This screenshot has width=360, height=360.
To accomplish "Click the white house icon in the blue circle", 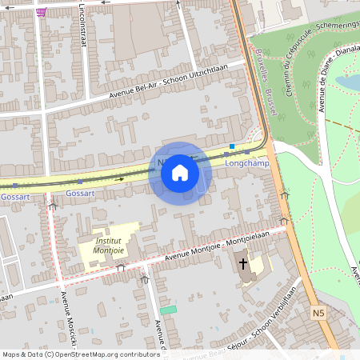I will pos(180,172).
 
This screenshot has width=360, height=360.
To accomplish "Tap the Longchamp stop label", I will pos(246,163).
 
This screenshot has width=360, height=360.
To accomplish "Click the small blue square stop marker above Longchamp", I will pos(232,146).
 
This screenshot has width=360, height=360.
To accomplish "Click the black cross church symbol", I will pos(242,262).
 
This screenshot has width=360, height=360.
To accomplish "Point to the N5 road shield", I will pos(320,313).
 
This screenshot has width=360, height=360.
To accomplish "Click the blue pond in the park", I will pos(349,82).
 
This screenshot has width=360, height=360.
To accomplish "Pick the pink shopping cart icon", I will pos(41,10).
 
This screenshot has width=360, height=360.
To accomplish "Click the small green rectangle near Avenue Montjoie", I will pos(168,310).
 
